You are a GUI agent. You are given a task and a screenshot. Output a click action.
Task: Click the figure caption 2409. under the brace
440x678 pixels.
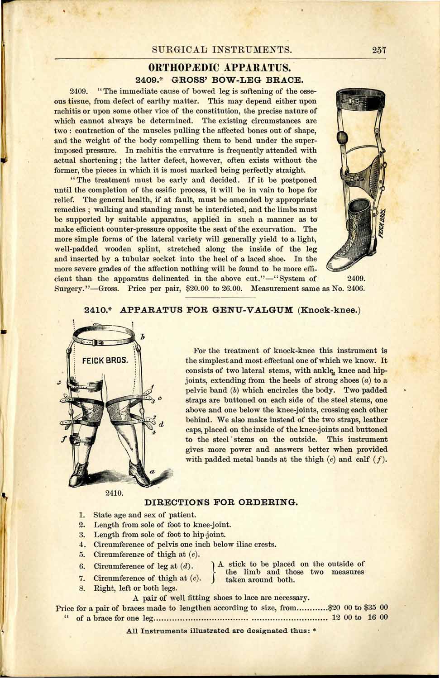coord(355,278)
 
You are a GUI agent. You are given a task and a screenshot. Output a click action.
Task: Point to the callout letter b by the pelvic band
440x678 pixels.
coord(142,337)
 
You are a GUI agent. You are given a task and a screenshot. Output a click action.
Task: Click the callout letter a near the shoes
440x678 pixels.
coord(153,472)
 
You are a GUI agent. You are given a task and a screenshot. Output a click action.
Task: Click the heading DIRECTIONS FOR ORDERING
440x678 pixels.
coord(221,502)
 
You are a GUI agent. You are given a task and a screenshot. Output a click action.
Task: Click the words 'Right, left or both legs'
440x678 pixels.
coord(135,588)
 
